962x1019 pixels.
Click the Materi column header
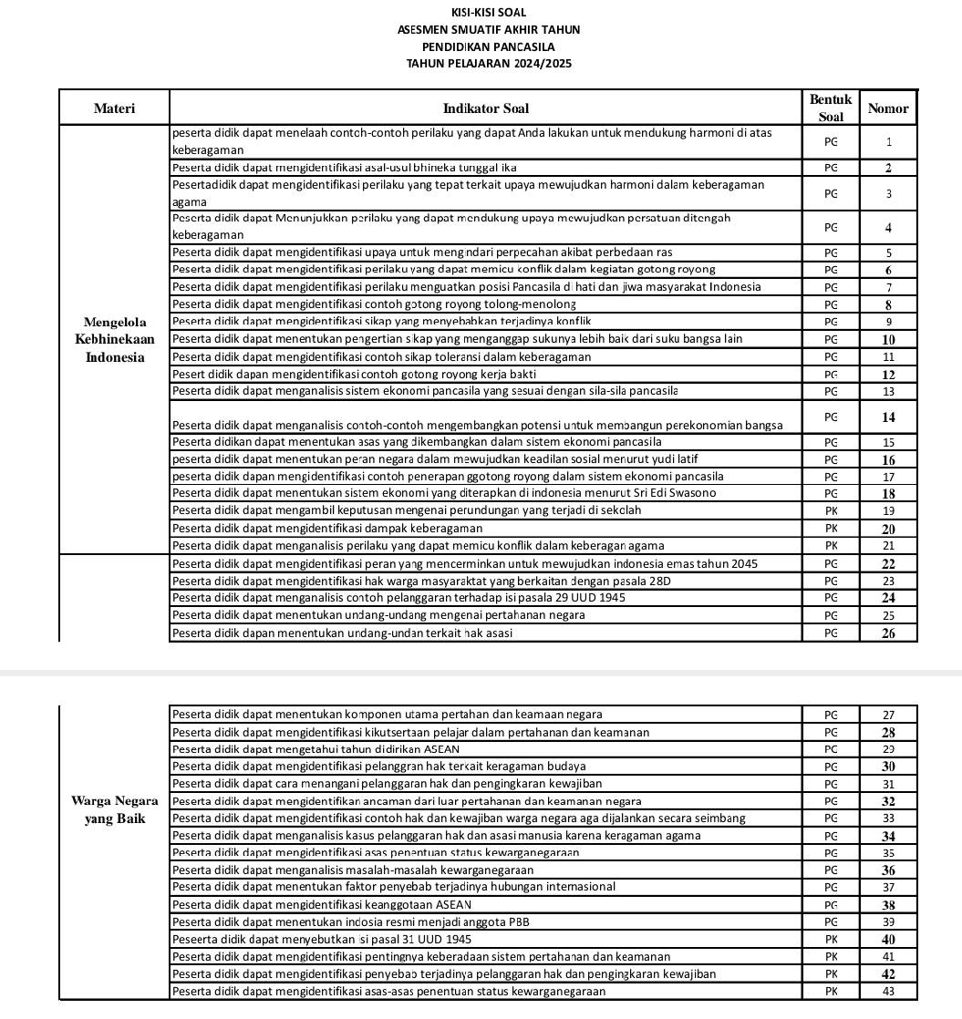[x=114, y=108]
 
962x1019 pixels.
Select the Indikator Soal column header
[x=485, y=108]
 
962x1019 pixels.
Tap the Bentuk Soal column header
[x=830, y=108]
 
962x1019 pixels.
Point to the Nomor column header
[x=887, y=108]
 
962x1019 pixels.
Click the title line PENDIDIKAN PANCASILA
[x=488, y=46]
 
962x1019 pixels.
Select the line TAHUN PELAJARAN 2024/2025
[x=488, y=63]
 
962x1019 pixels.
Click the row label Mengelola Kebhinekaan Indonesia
[x=114, y=339]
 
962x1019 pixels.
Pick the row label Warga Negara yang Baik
[x=114, y=809]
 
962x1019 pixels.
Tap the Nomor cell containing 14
[x=888, y=417]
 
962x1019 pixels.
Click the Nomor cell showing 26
[x=888, y=633]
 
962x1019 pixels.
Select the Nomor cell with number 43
[x=888, y=991]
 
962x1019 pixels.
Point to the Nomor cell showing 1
[x=888, y=142]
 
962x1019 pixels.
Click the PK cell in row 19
[x=831, y=511]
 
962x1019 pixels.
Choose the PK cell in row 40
[x=831, y=939]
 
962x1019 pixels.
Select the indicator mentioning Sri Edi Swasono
[x=444, y=493]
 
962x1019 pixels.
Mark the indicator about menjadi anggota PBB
[x=350, y=921]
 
